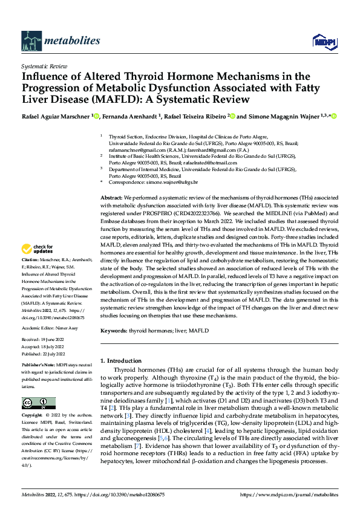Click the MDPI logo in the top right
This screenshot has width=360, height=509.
tap(321, 41)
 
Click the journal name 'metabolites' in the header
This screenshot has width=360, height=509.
tap(62, 41)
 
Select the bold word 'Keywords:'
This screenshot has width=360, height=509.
tap(114, 331)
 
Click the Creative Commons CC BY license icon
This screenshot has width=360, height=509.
tap(38, 403)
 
